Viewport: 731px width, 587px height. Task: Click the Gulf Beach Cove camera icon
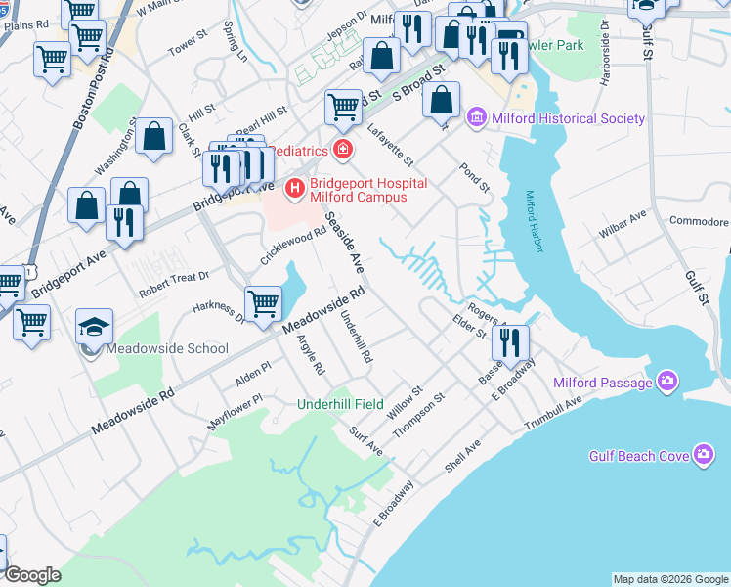click(704, 455)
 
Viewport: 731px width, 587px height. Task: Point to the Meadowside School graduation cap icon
click(95, 326)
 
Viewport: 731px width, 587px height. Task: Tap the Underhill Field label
click(341, 404)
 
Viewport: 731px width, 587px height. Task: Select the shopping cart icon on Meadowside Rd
click(263, 303)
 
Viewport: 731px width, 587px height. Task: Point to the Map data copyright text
click(670, 579)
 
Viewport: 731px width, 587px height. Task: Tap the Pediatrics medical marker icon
click(342, 150)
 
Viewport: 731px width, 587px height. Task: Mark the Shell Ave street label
click(463, 455)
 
